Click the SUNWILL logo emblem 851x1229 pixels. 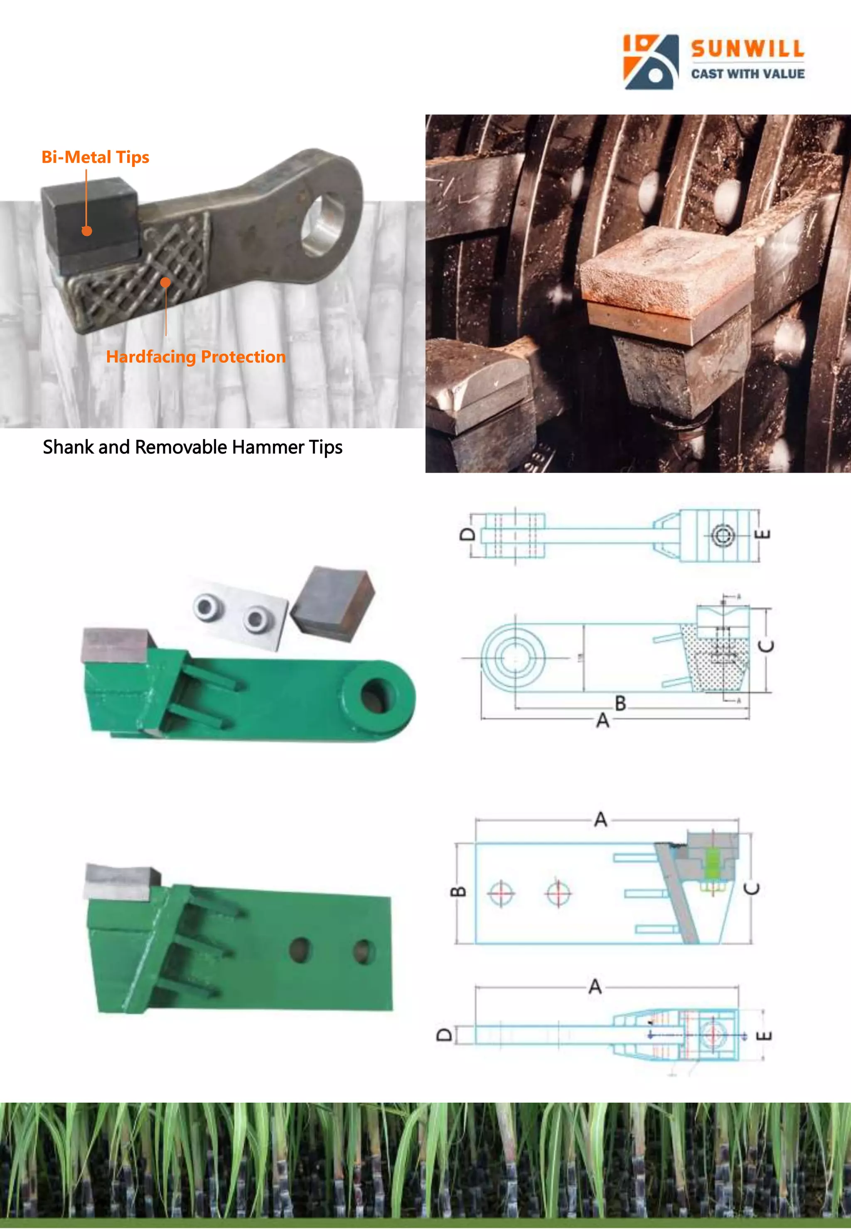[x=651, y=62]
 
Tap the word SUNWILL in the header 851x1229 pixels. [x=748, y=49]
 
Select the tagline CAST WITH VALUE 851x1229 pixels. [x=748, y=74]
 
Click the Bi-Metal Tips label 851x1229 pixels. [x=96, y=157]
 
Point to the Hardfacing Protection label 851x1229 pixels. [x=196, y=356]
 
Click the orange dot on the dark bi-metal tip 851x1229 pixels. [x=87, y=231]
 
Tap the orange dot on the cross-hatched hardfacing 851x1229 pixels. [x=166, y=282]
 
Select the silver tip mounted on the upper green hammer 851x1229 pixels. [x=115, y=645]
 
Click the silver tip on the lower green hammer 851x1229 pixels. [x=122, y=882]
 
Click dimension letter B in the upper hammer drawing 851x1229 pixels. [x=620, y=704]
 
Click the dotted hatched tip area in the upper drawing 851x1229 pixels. [x=717, y=661]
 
